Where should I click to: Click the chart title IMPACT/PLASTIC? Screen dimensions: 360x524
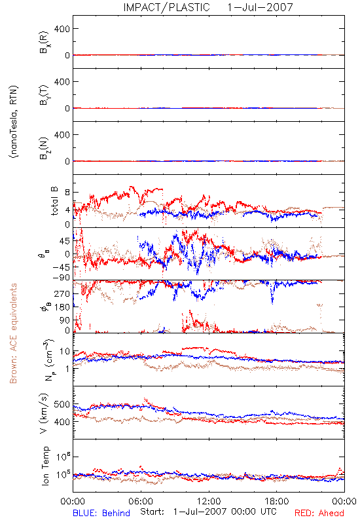(166, 7)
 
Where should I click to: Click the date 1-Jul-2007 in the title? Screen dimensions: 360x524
(260, 7)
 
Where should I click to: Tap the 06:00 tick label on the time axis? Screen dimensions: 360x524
(141, 501)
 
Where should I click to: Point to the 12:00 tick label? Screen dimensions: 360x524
(209, 501)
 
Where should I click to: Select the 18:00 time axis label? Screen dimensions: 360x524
(277, 501)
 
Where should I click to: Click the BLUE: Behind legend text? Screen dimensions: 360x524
(101, 513)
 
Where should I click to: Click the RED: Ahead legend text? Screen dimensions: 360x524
(319, 513)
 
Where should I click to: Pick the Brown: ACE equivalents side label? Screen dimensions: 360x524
(13, 333)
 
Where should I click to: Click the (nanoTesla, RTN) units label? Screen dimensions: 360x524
(14, 121)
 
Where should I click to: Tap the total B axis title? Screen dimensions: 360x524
(54, 201)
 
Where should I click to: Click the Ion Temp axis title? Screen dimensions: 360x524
(45, 466)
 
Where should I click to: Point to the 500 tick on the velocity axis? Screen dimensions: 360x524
(62, 404)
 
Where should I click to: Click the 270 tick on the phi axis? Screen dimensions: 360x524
(62, 293)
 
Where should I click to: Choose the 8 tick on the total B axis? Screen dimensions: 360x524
(67, 193)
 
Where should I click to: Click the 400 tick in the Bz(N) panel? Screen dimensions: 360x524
(62, 135)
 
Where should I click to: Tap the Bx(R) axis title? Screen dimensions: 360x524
(45, 42)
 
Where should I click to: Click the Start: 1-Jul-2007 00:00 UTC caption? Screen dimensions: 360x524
(208, 512)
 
